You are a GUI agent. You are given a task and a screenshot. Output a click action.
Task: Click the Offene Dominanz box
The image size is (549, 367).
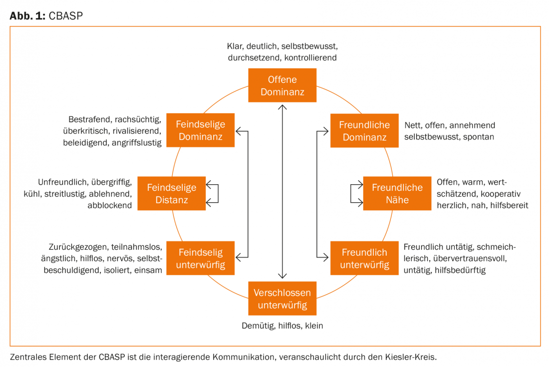pyautogui.click(x=282, y=85)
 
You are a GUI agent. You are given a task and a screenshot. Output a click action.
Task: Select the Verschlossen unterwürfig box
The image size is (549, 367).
pyautogui.click(x=282, y=299)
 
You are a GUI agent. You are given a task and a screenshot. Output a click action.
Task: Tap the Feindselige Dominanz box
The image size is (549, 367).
pyautogui.click(x=200, y=130)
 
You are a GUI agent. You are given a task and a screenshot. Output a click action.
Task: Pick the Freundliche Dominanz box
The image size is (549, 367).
pyautogui.click(x=364, y=131)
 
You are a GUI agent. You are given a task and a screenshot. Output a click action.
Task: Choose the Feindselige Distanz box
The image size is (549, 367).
pyautogui.click(x=172, y=193)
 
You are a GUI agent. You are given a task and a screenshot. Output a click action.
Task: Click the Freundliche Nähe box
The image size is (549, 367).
pyautogui.click(x=397, y=193)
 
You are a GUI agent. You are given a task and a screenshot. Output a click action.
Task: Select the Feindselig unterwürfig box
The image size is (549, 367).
pyautogui.click(x=200, y=258)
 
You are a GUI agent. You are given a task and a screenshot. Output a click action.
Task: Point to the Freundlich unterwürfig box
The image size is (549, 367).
pyautogui.click(x=364, y=258)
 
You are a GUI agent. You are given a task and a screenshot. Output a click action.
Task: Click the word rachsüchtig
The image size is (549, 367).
pyautogui.click(x=138, y=120)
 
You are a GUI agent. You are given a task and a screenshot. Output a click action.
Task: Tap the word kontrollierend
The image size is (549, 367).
pyautogui.click(x=310, y=58)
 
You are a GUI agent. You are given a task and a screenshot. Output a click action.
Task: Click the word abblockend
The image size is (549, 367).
pyautogui.click(x=110, y=206)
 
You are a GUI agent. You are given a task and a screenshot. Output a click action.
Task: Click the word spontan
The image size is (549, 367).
pyautogui.click(x=478, y=137)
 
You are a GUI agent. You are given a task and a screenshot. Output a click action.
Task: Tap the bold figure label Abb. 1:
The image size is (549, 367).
pyautogui.click(x=27, y=16)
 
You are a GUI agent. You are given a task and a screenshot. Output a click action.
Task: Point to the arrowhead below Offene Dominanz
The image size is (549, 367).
pyautogui.click(x=282, y=107)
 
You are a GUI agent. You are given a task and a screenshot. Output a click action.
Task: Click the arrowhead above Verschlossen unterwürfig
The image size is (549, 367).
pyautogui.click(x=282, y=276)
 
